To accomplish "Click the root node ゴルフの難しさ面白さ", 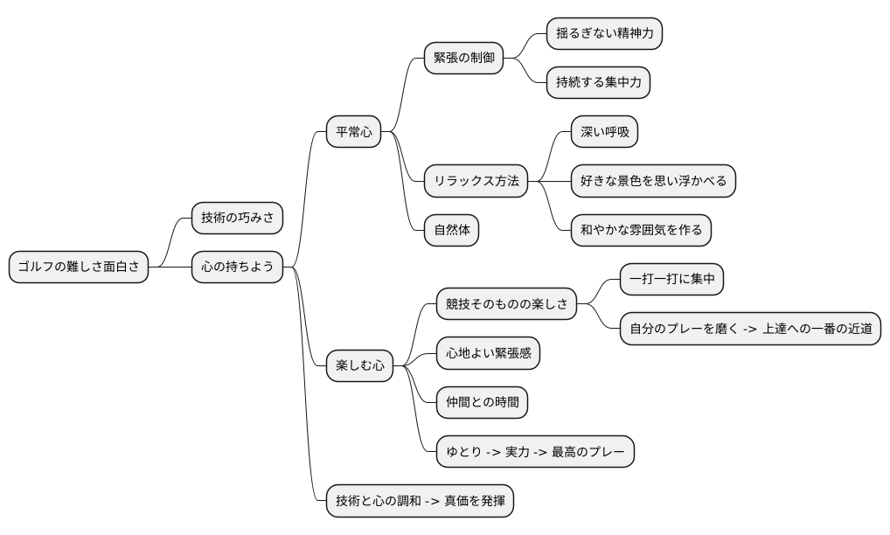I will [79, 267].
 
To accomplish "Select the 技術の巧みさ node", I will [237, 219].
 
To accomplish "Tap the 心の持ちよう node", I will [237, 267].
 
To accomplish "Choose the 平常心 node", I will [353, 133].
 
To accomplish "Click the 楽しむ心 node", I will [359, 365].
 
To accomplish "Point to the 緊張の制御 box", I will [463, 59].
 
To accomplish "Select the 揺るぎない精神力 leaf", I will [604, 34].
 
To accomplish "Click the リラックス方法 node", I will [476, 181].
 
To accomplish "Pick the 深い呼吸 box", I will [604, 133].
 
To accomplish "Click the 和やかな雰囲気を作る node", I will [641, 231].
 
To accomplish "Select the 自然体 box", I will [451, 231].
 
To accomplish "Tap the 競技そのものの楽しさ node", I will [506, 304].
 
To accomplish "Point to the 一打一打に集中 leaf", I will [671, 280].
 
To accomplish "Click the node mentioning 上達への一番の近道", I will [750, 329].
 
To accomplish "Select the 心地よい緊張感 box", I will [488, 353].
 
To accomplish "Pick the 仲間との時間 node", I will [482, 402].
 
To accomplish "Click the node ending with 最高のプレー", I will [535, 452].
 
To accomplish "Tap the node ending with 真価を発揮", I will [419, 502].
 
